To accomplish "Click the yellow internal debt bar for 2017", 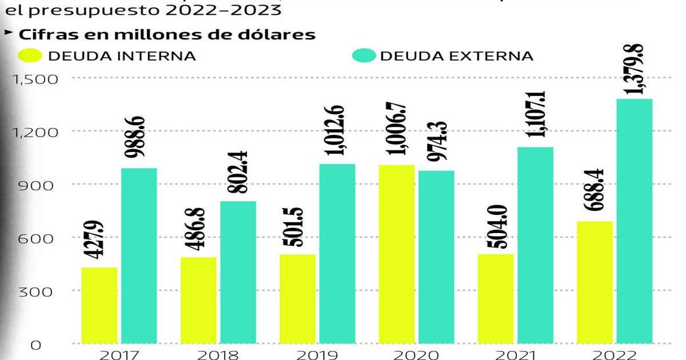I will point(99,305).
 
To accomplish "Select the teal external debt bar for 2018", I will point(238,272).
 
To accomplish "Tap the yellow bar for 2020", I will point(397,254).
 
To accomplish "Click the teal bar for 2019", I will point(337,254).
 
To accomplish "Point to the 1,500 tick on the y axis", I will point(35,79).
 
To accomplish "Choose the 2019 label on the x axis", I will point(317,354).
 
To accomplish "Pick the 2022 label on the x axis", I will point(615,354).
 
